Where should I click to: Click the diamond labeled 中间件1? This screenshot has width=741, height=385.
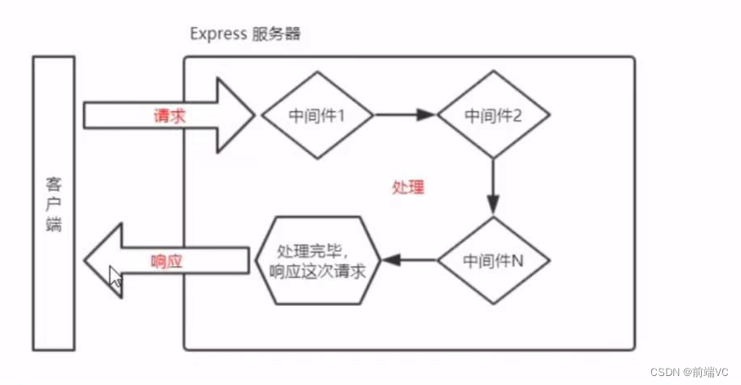click(317, 115)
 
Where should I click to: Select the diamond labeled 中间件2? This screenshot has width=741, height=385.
click(492, 115)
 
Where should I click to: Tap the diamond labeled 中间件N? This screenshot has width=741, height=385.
click(492, 261)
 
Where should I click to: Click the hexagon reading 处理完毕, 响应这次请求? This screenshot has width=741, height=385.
click(318, 261)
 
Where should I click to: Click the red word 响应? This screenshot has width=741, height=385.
click(169, 262)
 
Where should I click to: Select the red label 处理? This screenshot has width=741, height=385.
click(408, 186)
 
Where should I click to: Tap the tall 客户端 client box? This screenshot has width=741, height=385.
click(54, 204)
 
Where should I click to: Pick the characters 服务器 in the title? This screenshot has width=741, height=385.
click(277, 34)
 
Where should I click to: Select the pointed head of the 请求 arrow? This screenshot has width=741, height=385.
click(237, 115)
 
